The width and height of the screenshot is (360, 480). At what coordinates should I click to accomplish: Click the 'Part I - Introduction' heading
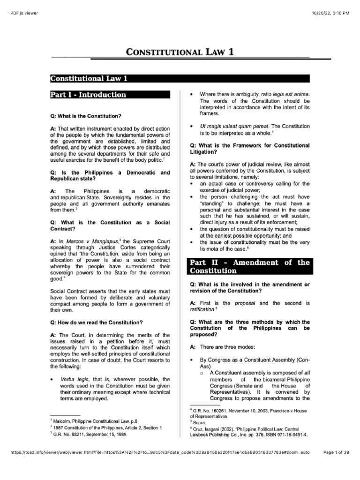[89, 95]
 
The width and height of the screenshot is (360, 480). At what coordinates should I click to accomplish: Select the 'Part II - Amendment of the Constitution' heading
[249, 267]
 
